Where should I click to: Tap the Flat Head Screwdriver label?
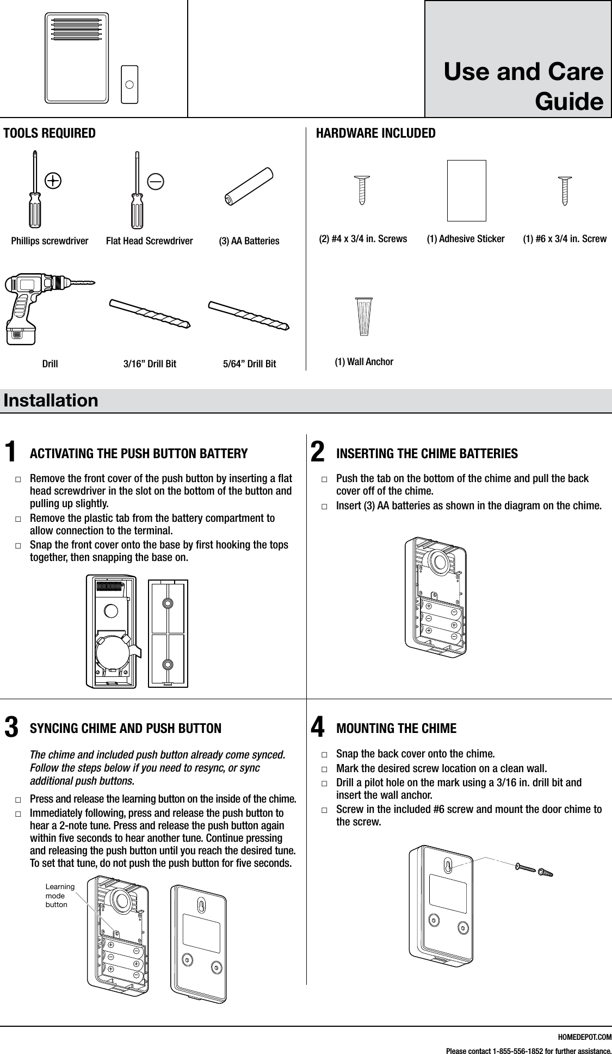(x=149, y=241)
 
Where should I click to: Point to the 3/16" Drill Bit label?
(x=150, y=363)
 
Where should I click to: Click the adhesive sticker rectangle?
(x=466, y=190)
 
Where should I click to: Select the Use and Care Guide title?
(x=523, y=87)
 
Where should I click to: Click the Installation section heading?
(x=51, y=400)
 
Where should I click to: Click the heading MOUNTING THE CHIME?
(x=397, y=728)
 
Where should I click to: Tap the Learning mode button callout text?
(x=60, y=896)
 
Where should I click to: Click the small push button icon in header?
(x=129, y=84)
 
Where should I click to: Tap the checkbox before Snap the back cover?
(x=324, y=755)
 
